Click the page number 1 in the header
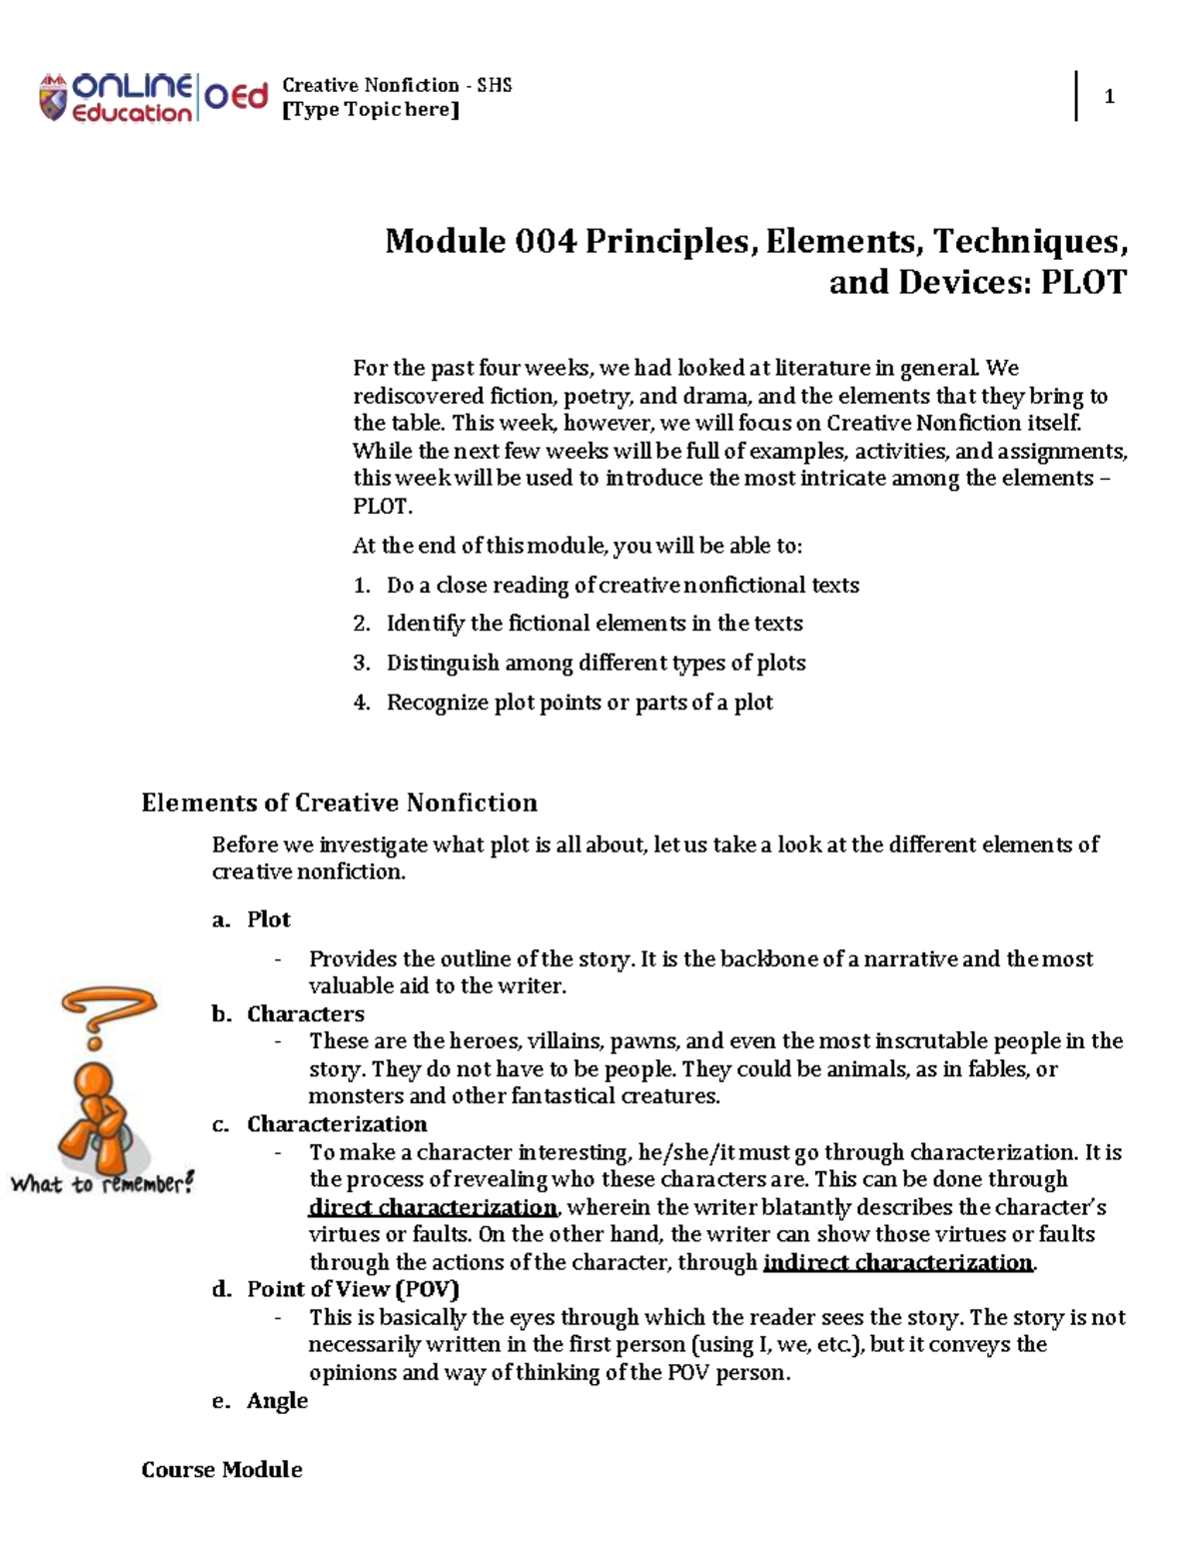1109,97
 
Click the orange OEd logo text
237,97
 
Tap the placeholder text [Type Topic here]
371,110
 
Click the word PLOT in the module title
1083,283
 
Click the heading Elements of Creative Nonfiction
339,802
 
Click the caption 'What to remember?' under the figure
102,1184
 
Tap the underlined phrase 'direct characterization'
433,1207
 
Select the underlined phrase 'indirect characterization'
897,1262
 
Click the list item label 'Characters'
305,1014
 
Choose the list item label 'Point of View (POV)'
353,1289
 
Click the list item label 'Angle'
277,1400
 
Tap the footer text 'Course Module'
222,1469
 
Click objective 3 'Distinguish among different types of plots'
596,663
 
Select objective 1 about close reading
622,585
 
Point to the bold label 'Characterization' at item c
337,1124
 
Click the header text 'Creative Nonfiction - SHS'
397,85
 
